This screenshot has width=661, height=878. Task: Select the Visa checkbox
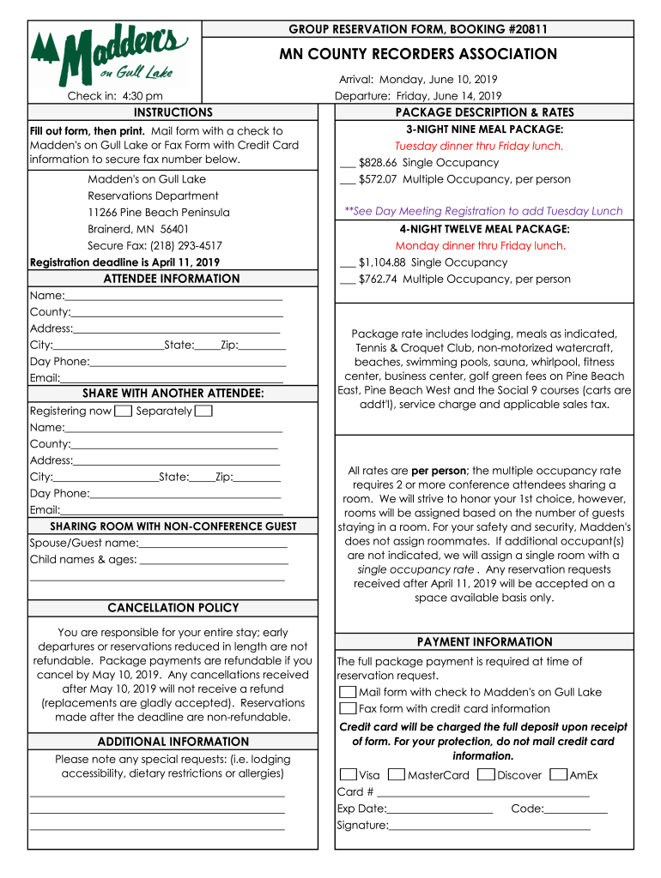tap(348, 774)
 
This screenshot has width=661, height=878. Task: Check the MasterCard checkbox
tap(397, 774)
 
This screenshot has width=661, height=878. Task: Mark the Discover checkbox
tap(486, 774)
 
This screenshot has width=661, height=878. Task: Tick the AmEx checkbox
tap(558, 774)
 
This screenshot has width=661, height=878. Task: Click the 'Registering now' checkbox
tap(123, 411)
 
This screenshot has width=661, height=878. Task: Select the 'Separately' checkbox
tap(203, 411)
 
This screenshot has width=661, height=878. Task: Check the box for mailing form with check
tap(348, 692)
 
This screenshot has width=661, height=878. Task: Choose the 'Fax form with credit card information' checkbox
tap(348, 708)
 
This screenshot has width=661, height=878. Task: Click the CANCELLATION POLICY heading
tap(173, 608)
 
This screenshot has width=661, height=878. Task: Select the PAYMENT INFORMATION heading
tap(484, 642)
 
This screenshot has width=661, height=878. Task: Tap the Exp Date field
tap(440, 808)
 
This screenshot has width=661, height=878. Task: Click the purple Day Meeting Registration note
tap(483, 211)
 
